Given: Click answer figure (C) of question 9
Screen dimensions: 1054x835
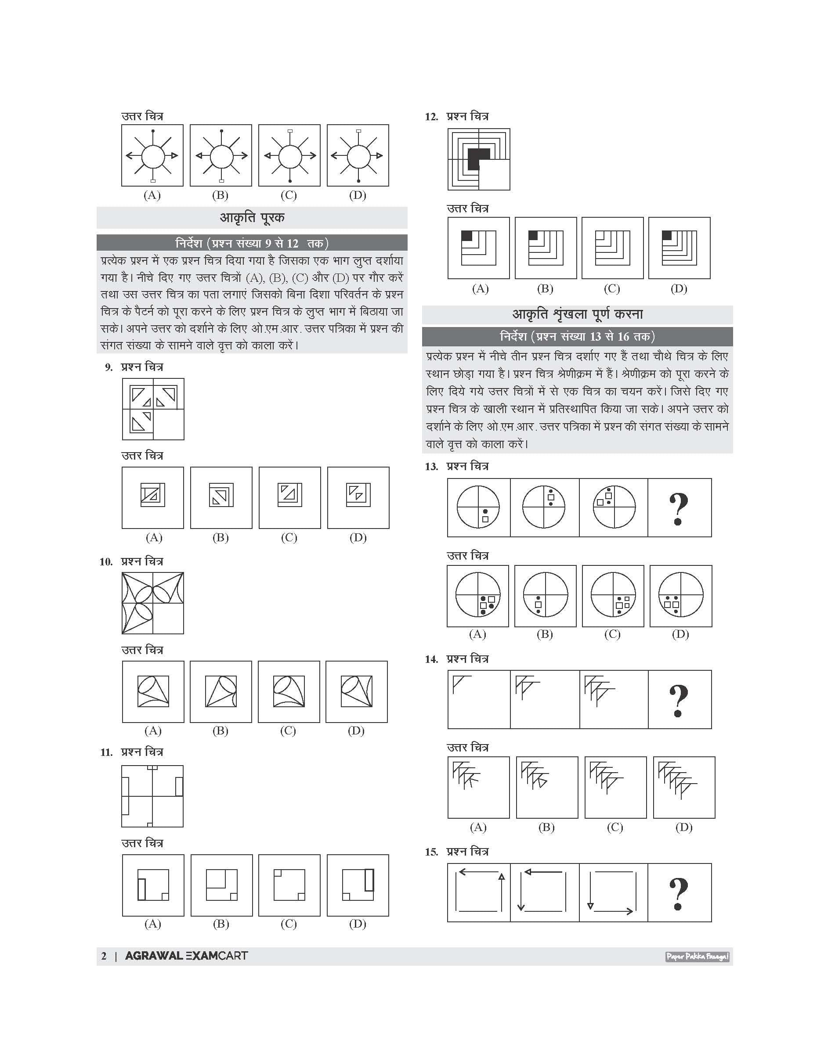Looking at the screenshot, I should [290, 497].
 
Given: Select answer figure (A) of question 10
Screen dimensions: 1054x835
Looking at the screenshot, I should [153, 691].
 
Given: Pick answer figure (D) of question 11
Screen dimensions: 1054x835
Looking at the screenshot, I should [358, 885].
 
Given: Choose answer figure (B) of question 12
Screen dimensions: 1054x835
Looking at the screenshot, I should [546, 248].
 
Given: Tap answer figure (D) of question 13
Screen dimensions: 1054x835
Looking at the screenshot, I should [680, 596].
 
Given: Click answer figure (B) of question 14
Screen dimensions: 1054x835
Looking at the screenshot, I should [546, 787].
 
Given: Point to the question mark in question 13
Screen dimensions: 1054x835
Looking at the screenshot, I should [679, 508].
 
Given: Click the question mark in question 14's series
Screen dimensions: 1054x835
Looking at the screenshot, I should [679, 700].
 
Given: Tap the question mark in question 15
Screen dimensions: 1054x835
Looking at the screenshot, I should [679, 893].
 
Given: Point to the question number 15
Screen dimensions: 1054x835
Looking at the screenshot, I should [431, 852].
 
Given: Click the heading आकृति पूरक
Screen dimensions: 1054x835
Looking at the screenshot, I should [252, 217].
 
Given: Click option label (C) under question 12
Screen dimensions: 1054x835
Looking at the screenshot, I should [611, 289].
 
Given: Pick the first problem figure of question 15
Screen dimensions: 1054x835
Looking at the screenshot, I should [479, 893].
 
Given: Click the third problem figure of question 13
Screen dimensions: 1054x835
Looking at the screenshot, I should [614, 507].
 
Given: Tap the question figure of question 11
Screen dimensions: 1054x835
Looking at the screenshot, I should [152, 796].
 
